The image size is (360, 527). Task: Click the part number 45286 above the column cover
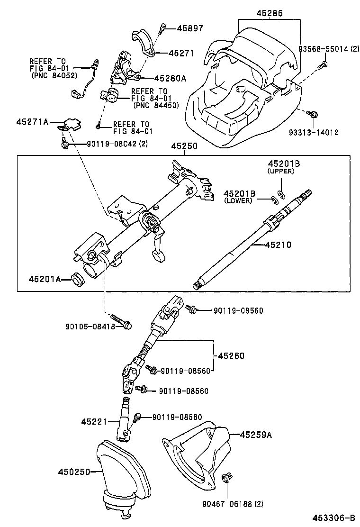(x=270, y=14)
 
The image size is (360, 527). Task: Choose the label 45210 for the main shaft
(x=278, y=245)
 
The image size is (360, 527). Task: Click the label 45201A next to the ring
(x=45, y=279)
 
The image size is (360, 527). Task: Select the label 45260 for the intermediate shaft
(x=231, y=355)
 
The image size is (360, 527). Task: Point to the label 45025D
(x=74, y=472)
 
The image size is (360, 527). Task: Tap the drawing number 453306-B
(x=333, y=518)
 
